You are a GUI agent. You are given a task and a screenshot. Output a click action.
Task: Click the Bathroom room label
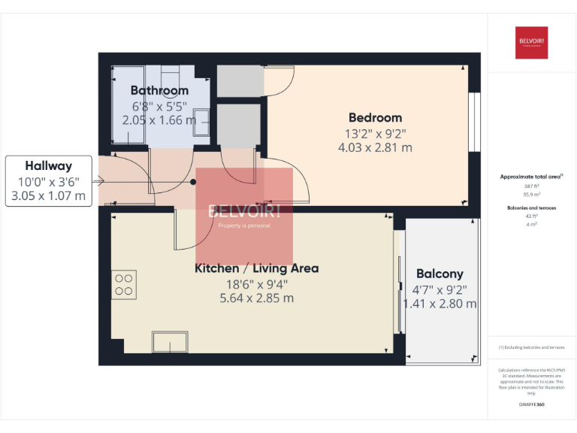pos(159,91)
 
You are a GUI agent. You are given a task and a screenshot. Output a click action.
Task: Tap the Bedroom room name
pos(375,117)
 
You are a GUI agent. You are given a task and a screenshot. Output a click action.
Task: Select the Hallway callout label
pos(48,166)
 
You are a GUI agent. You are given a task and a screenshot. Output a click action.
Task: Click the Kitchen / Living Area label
pos(256,268)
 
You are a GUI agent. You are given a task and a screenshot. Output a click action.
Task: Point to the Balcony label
pos(440,274)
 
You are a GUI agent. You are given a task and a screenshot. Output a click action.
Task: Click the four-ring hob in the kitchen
pos(124,284)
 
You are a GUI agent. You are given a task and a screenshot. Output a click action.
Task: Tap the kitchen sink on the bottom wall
pos(171,343)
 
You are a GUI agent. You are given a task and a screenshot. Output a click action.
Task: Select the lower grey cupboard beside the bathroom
pos(238,126)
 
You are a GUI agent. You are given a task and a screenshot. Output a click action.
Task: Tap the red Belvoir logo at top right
pos(531,43)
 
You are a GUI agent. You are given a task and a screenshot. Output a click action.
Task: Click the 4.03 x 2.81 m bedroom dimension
pos(375,147)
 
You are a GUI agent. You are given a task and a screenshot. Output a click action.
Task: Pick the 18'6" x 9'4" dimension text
pos(256,283)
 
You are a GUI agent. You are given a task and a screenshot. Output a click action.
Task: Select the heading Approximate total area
pos(530,177)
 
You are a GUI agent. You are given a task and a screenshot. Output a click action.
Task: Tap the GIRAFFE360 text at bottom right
pos(531,404)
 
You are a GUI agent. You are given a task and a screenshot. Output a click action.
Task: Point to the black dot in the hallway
pos(192,181)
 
